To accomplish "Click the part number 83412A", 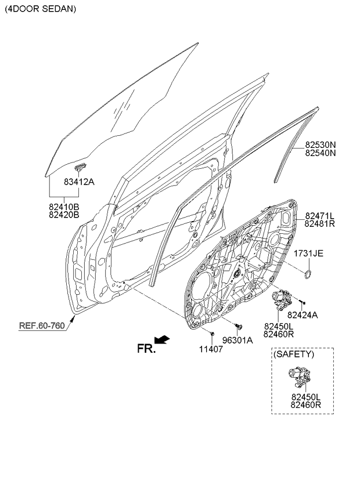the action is pos(79,182).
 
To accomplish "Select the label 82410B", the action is pos(64,207).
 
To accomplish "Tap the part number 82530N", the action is pos(321,145).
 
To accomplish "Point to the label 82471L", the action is pos(320,216).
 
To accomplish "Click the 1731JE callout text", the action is pos(308,253).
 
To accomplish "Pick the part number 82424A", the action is pos(303,314).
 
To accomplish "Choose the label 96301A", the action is pos(237,340).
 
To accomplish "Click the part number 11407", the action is pos(211,349).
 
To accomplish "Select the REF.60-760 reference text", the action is pos(42,325).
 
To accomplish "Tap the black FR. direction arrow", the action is pos(162,339).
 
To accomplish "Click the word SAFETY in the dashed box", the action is pos(294,354).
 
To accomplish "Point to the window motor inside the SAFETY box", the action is pos(300,376).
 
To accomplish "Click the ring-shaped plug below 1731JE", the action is pos(308,274).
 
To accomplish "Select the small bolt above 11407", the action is pos(212,333).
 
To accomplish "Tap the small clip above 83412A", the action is pos(80,167).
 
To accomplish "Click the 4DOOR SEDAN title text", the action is pos(40,9).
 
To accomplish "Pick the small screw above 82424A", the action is pos(302,302).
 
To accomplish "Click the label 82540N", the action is pos(321,153).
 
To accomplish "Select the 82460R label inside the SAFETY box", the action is pos(305,405).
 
